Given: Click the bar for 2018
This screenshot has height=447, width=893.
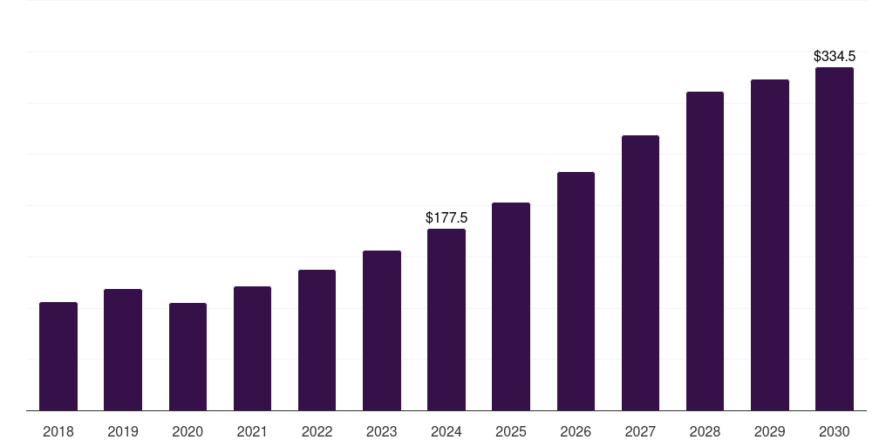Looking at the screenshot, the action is pyautogui.click(x=58, y=356).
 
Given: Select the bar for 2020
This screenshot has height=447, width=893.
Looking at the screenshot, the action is pyautogui.click(x=188, y=357).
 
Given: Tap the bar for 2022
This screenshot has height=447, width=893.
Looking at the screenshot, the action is pyautogui.click(x=317, y=340).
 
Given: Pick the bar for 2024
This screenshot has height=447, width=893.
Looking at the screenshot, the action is pyautogui.click(x=446, y=320).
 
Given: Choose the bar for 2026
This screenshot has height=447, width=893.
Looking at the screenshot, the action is pyautogui.click(x=576, y=292).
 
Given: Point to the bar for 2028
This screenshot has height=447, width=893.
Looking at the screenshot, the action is pyautogui.click(x=705, y=251).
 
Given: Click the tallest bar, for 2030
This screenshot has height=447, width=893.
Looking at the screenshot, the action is pyautogui.click(x=835, y=239).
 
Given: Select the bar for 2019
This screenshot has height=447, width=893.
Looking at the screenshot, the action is pyautogui.click(x=123, y=350).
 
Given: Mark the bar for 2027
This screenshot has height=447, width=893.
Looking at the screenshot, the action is pyautogui.click(x=641, y=273).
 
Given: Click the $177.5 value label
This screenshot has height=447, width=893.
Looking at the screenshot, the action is pyautogui.click(x=446, y=217).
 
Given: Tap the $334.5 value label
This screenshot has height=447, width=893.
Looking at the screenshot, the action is pyautogui.click(x=835, y=57).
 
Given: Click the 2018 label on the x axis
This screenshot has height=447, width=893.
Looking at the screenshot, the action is pyautogui.click(x=58, y=431).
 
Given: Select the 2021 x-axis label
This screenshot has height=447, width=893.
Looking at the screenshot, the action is pyautogui.click(x=252, y=431).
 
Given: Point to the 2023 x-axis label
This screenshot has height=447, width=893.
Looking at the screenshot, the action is pyautogui.click(x=382, y=431).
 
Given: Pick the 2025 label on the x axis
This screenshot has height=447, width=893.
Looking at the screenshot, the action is pyautogui.click(x=511, y=431).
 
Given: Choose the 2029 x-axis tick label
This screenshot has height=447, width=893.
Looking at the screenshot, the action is pyautogui.click(x=770, y=431).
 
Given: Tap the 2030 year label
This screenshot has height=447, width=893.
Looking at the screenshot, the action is pyautogui.click(x=835, y=431).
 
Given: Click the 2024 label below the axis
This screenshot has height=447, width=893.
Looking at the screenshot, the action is pyautogui.click(x=446, y=431).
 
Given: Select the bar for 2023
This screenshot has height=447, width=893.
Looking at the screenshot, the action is pyautogui.click(x=382, y=331).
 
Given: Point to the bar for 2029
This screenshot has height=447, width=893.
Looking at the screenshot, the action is pyautogui.click(x=770, y=245).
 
